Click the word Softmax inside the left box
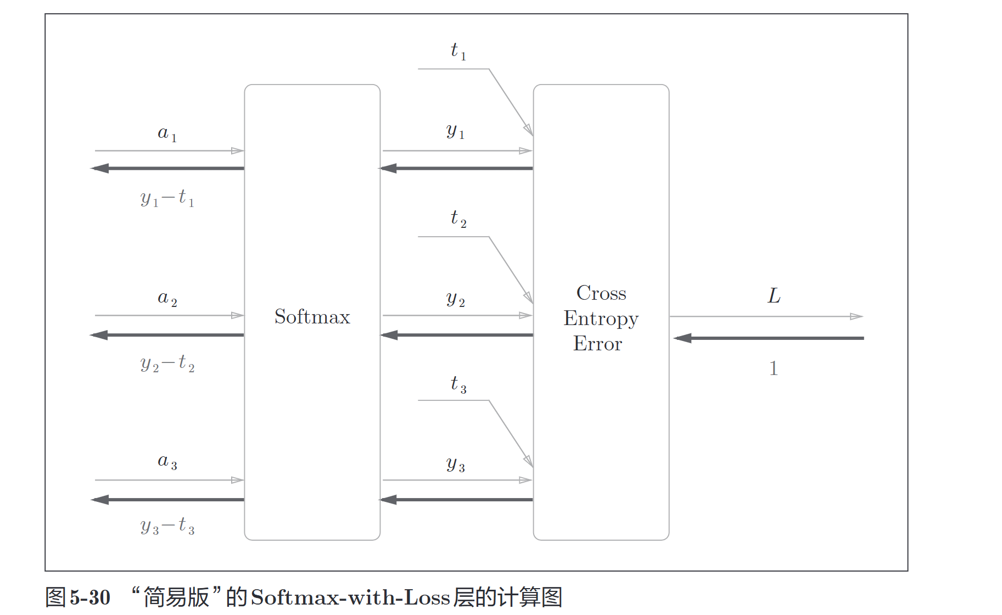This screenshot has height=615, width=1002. click(x=312, y=317)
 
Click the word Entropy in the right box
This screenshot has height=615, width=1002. click(x=601, y=319)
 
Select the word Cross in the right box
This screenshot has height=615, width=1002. click(x=601, y=293)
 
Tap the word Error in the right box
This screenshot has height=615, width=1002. click(x=597, y=344)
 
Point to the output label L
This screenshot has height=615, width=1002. click(x=774, y=296)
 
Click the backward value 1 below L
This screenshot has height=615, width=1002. click(x=773, y=368)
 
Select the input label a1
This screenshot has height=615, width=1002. click(x=167, y=133)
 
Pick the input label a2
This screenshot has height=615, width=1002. click(x=167, y=299)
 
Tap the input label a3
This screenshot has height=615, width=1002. click(x=167, y=462)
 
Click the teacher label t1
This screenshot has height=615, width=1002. click(x=458, y=51)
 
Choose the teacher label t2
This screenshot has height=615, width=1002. click(x=458, y=219)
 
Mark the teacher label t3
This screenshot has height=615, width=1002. click(x=458, y=384)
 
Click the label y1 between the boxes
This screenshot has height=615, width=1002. click(x=455, y=132)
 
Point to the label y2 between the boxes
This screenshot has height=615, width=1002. click(x=455, y=299)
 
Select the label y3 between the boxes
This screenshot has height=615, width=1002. click(x=455, y=465)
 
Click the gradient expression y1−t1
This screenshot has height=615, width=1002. click(x=167, y=198)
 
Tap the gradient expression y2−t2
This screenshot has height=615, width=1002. click(x=167, y=364)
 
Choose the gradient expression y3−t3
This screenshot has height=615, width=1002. click(x=167, y=527)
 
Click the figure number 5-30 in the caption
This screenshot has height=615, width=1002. click(x=90, y=597)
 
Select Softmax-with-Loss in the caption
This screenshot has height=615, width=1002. click(x=350, y=597)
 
